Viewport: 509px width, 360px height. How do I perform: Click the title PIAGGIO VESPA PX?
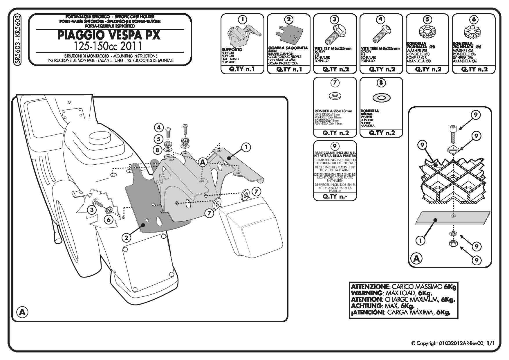109,35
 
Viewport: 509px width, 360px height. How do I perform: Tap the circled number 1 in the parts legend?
242,19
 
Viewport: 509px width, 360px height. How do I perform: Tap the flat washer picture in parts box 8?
381,98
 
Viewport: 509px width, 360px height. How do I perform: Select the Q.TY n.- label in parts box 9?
335,197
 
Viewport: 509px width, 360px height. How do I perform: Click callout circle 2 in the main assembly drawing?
126,238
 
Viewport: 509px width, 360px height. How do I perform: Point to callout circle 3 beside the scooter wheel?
92,210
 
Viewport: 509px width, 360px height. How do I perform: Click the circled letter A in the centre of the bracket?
203,162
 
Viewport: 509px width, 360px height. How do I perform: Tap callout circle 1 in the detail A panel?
420,240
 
